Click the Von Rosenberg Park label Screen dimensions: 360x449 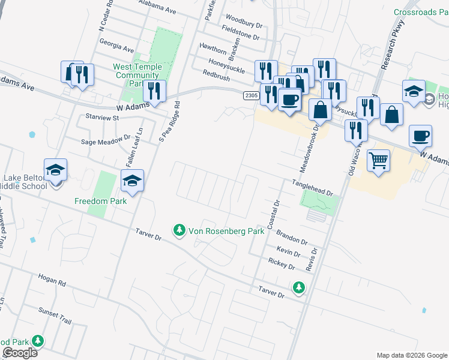(x=226, y=230)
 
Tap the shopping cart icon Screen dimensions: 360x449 (x=378, y=160)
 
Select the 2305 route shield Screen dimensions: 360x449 (x=251, y=95)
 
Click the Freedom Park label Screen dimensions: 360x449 (x=100, y=201)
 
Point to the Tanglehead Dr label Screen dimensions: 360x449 (x=312, y=187)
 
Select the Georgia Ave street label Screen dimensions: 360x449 (x=116, y=46)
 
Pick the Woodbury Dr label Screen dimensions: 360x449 (x=243, y=22)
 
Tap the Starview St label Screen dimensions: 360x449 (x=102, y=118)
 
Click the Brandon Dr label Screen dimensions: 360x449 (x=292, y=238)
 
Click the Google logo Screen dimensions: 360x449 (x=20, y=353)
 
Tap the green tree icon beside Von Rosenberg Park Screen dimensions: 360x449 (x=179, y=230)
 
